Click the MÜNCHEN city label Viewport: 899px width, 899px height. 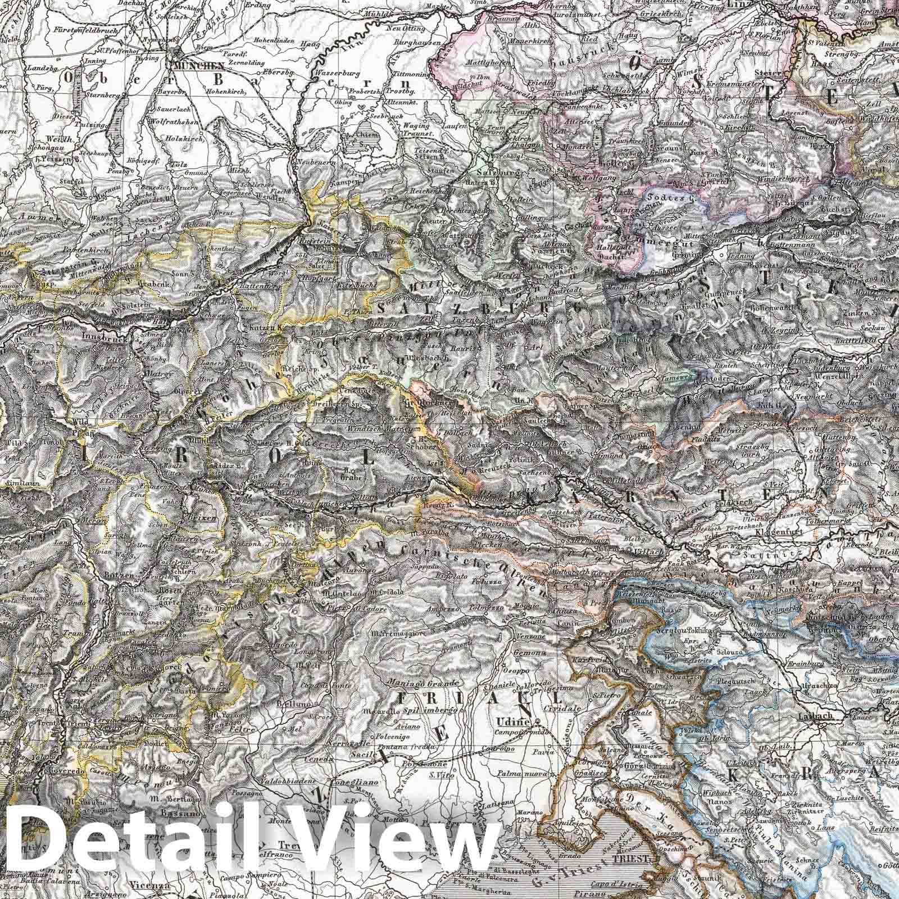point(195,65)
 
